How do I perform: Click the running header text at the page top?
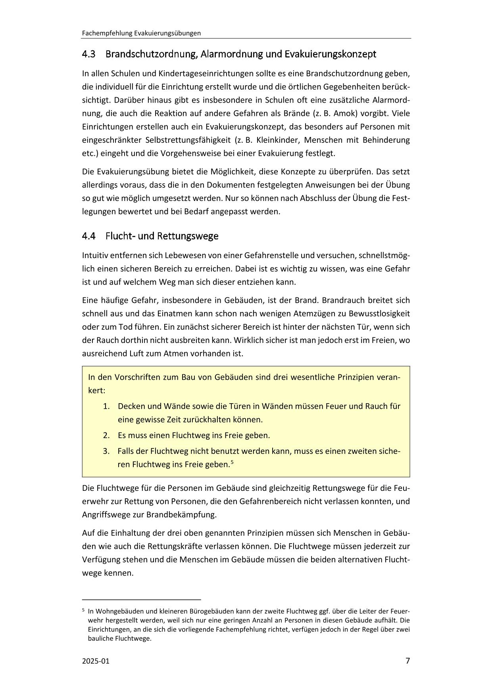[x=141, y=33]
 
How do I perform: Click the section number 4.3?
[x=88, y=54]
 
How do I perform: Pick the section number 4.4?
[x=88, y=236]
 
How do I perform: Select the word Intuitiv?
[x=95, y=255]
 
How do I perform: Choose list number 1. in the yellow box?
[x=106, y=406]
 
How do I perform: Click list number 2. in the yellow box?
[x=106, y=435]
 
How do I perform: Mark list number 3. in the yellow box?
[x=106, y=451]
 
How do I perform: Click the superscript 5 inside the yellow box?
[x=232, y=461]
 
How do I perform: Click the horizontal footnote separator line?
[x=141, y=600]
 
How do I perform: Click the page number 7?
[x=407, y=661]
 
